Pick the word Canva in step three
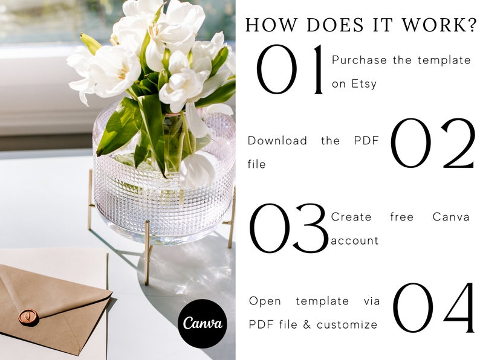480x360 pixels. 452,217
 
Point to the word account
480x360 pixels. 355,240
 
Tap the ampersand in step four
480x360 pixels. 305,324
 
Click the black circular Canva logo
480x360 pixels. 203,323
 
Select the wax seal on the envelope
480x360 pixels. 28,317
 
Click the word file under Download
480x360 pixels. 257,164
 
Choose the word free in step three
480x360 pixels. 401,217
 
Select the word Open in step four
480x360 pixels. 265,301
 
